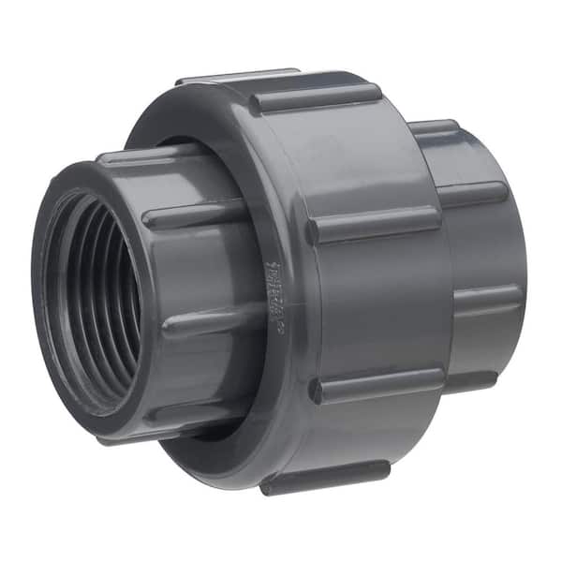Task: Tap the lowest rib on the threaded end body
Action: point(187,412)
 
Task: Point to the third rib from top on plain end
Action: point(487,298)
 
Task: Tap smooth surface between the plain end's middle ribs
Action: point(487,245)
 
